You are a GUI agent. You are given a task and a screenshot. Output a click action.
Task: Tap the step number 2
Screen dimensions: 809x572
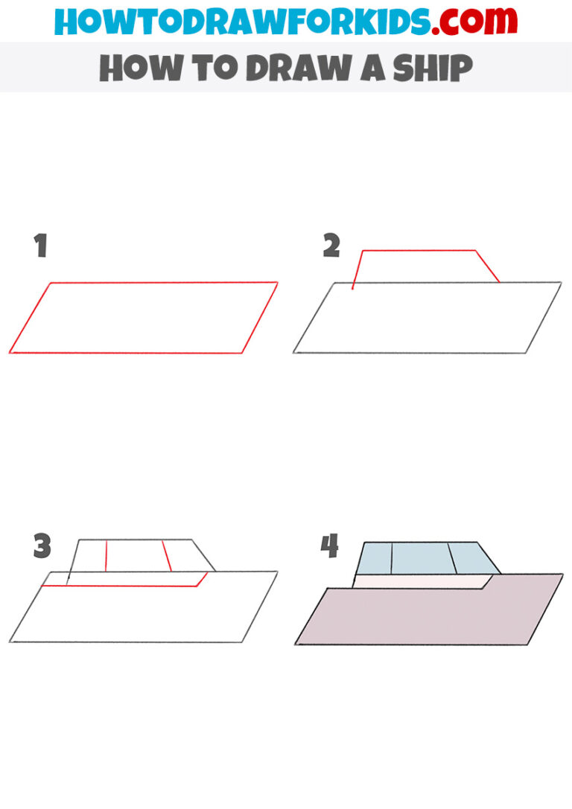pos(331,246)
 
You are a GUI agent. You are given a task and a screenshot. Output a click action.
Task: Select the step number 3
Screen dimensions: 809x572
pos(42,547)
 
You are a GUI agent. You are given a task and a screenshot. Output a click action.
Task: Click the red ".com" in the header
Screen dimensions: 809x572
pos(467,21)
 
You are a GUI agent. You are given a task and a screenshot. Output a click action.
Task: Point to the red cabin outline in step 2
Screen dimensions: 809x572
pos(417,251)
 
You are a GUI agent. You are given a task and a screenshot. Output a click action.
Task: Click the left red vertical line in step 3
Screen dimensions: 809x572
pos(107,556)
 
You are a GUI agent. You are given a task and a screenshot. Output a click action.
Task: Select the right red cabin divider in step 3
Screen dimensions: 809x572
pos(168,556)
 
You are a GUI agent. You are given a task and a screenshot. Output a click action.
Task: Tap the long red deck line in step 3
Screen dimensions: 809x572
pos(119,586)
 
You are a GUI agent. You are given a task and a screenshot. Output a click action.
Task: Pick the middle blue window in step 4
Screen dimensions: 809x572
pos(419,558)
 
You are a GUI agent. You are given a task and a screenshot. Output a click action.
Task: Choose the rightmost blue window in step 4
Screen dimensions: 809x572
pos(469,558)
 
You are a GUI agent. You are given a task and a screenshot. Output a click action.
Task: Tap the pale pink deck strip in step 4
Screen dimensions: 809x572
pos(417,581)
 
